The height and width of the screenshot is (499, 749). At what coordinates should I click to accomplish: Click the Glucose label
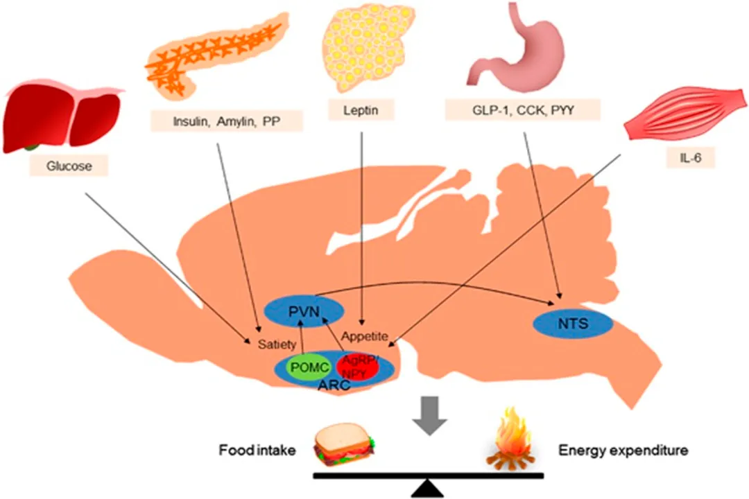[x=69, y=166]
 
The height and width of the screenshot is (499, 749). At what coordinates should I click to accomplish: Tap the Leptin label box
[x=361, y=110]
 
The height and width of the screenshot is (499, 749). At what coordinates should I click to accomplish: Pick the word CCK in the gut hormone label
[x=530, y=110]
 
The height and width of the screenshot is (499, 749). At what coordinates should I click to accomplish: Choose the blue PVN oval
[x=304, y=311]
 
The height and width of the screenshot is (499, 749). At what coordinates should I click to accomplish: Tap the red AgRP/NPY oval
[x=357, y=367]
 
